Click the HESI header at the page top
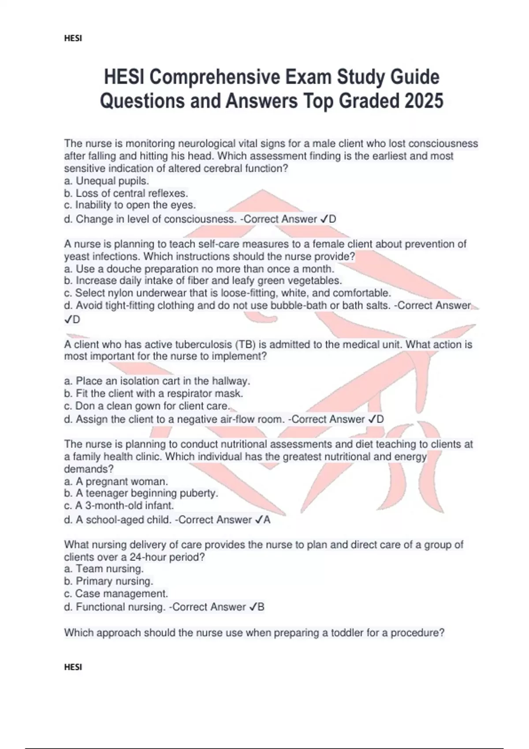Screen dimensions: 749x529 (73, 38)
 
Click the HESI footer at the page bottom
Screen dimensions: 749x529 (73, 667)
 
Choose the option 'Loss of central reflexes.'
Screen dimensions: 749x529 (126, 193)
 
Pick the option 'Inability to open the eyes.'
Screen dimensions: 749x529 (130, 205)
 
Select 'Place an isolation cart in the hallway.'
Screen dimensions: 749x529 (157, 381)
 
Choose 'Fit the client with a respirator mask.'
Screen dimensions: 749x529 (154, 393)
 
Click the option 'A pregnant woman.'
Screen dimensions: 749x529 (116, 481)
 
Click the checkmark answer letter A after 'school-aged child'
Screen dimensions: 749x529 (266, 520)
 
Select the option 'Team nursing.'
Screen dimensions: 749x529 (104, 568)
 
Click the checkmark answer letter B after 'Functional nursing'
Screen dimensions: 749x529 (261, 607)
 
